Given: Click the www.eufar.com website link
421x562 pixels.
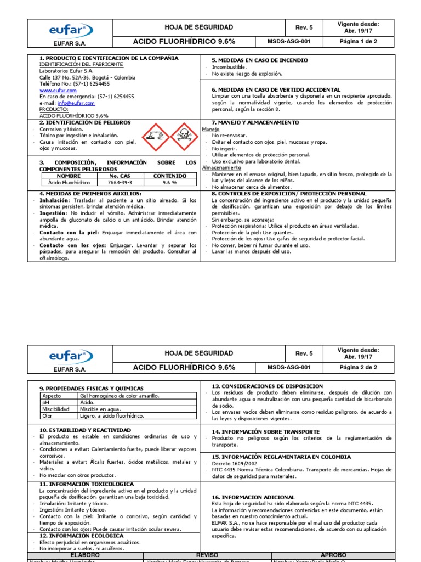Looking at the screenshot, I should coord(58,90).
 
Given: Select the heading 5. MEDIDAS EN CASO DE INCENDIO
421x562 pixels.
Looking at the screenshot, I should coord(259,60).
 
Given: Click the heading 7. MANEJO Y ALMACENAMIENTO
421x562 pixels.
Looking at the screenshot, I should coord(255,122).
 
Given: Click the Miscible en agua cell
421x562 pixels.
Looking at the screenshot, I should coord(104,409).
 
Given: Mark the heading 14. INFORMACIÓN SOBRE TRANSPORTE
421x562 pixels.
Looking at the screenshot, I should coord(265,432).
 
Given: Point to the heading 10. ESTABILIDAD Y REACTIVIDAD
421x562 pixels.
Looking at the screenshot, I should coord(85,430).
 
